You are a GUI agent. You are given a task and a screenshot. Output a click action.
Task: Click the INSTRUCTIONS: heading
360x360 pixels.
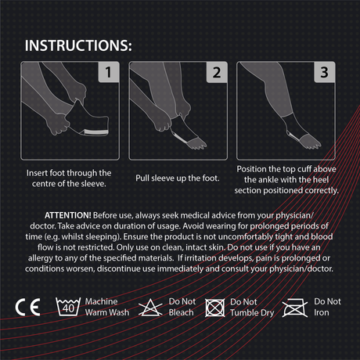coord(78,45)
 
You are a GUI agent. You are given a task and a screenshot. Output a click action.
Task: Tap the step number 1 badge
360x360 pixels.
coord(109,72)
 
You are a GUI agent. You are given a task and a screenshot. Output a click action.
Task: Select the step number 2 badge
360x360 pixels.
coord(217,72)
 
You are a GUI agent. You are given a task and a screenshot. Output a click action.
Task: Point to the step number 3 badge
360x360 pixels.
coord(324,72)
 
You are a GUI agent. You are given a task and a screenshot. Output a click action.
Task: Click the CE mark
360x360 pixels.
coord(27,307)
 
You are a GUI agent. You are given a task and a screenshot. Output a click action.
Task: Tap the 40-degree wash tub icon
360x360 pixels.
coord(68,307)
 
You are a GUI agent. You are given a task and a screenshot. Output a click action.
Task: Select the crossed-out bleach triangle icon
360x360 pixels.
coord(150,308)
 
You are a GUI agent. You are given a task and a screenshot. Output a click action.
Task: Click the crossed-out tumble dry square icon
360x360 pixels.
coord(214,308)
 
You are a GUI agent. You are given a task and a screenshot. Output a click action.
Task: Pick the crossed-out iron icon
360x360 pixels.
coord(295,308)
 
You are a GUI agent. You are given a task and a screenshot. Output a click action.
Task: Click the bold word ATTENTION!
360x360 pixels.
coord(68,215)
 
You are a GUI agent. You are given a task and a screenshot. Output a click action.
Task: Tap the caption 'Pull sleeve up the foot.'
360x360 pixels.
coord(178,178)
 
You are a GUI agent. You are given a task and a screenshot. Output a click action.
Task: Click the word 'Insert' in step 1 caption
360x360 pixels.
coord(37,173)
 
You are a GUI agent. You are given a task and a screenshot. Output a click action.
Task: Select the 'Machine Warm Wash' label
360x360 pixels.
coord(107,307)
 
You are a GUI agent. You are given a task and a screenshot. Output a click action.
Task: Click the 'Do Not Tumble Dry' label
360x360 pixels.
coord(252,308)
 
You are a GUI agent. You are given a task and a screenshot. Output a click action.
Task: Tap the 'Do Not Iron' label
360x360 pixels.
coord(327,307)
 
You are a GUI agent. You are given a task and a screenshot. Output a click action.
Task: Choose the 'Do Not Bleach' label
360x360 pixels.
coord(182,307)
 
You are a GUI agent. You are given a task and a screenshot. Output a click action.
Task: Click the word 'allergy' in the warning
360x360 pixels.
coord(41,258)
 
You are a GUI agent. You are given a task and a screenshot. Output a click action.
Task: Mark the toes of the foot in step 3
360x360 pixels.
coord(311,142)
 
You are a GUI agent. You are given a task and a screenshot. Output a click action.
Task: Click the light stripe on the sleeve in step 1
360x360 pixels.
coord(96,132)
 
